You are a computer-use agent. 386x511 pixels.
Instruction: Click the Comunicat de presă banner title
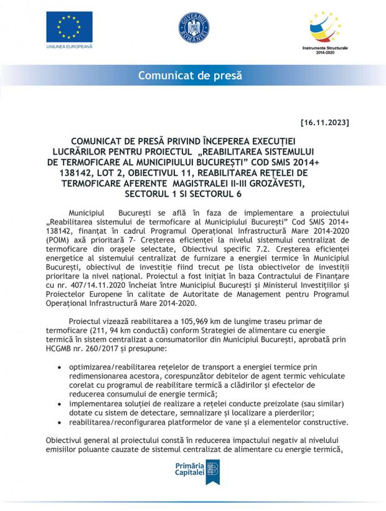190,76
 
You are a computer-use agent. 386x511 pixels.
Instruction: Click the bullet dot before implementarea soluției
59,404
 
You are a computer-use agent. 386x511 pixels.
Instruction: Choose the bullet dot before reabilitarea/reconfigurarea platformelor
59,422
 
